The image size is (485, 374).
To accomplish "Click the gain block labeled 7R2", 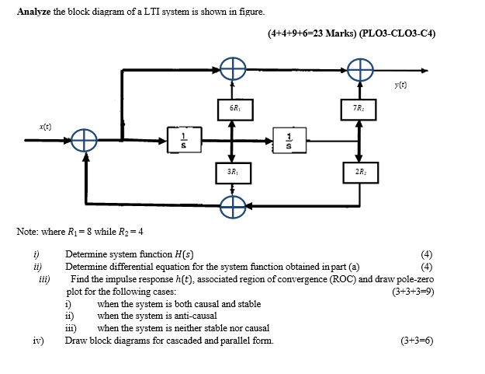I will point(359,108).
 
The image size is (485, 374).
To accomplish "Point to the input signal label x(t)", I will point(47,126).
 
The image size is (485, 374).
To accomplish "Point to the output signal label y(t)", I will point(400,85).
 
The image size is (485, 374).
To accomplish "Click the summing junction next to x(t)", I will point(84,141).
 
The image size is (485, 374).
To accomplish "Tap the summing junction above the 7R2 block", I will point(359,70).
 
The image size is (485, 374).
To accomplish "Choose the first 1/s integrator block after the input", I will point(181,141).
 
